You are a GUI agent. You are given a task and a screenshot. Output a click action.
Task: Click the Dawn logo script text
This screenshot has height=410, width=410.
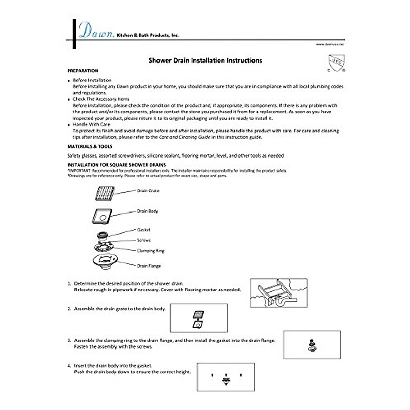[96, 30]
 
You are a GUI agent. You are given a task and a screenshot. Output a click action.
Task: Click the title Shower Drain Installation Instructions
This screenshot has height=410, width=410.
[205, 60]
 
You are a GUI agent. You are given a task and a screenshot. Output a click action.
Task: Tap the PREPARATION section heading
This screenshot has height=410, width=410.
[83, 71]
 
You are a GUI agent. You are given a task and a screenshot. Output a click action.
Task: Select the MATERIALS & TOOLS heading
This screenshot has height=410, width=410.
[90, 146]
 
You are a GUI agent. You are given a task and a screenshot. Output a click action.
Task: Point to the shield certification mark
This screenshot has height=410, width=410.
[337, 63]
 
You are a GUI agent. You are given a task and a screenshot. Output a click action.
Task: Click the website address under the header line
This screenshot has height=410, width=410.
[330, 44]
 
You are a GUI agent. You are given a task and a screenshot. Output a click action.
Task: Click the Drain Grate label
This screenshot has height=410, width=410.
[148, 191]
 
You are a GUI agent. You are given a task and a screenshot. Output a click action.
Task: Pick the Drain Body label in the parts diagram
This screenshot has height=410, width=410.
[148, 211]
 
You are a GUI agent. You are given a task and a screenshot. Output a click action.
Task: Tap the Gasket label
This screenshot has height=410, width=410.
[143, 230]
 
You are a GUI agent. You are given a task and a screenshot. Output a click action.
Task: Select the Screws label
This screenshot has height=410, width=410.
[144, 240]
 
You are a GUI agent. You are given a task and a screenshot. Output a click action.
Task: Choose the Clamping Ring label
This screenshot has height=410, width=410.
[151, 251]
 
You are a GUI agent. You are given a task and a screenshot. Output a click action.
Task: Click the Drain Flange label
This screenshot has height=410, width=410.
[149, 266]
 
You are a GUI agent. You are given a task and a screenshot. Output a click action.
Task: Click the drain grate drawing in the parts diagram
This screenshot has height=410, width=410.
[105, 193]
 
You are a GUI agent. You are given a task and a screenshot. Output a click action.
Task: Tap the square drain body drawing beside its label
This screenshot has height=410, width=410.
[102, 216]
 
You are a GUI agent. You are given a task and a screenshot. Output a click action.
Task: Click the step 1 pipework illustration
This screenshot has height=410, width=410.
[279, 292]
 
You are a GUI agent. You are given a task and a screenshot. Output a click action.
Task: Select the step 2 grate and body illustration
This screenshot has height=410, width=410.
[199, 318]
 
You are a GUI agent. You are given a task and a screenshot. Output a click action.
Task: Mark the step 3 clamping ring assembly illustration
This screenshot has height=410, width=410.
[312, 345]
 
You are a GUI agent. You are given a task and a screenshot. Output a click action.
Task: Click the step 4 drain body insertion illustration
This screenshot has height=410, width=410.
[225, 377]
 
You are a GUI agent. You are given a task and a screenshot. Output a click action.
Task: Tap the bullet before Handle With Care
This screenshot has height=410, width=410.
[69, 125]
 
